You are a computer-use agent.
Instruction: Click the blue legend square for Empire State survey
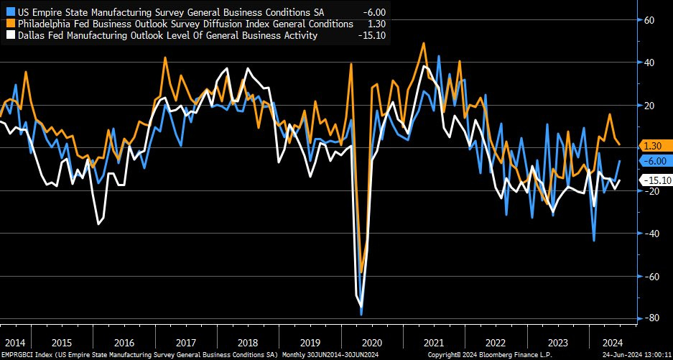point(9,12)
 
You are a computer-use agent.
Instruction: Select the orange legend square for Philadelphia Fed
point(9,24)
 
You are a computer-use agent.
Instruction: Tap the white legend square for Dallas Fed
point(9,35)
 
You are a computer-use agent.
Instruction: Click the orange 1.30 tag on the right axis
point(654,146)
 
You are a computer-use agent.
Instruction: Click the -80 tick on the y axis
point(651,318)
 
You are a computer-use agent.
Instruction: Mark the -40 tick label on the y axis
point(651,234)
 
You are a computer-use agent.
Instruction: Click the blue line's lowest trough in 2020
point(361,314)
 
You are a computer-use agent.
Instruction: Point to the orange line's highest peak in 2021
point(424,43)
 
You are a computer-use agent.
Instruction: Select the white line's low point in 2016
point(98,224)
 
